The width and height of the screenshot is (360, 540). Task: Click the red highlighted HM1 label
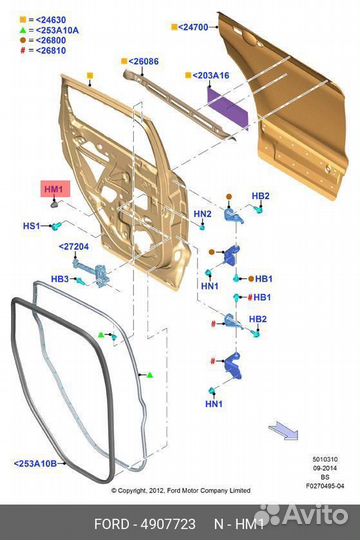(53, 188)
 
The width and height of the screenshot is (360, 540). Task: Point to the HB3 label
(60, 279)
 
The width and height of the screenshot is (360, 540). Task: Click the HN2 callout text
(202, 214)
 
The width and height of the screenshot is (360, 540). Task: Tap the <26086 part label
(143, 61)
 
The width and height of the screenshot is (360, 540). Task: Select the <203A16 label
(209, 75)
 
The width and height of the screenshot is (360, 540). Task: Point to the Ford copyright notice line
(183, 490)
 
